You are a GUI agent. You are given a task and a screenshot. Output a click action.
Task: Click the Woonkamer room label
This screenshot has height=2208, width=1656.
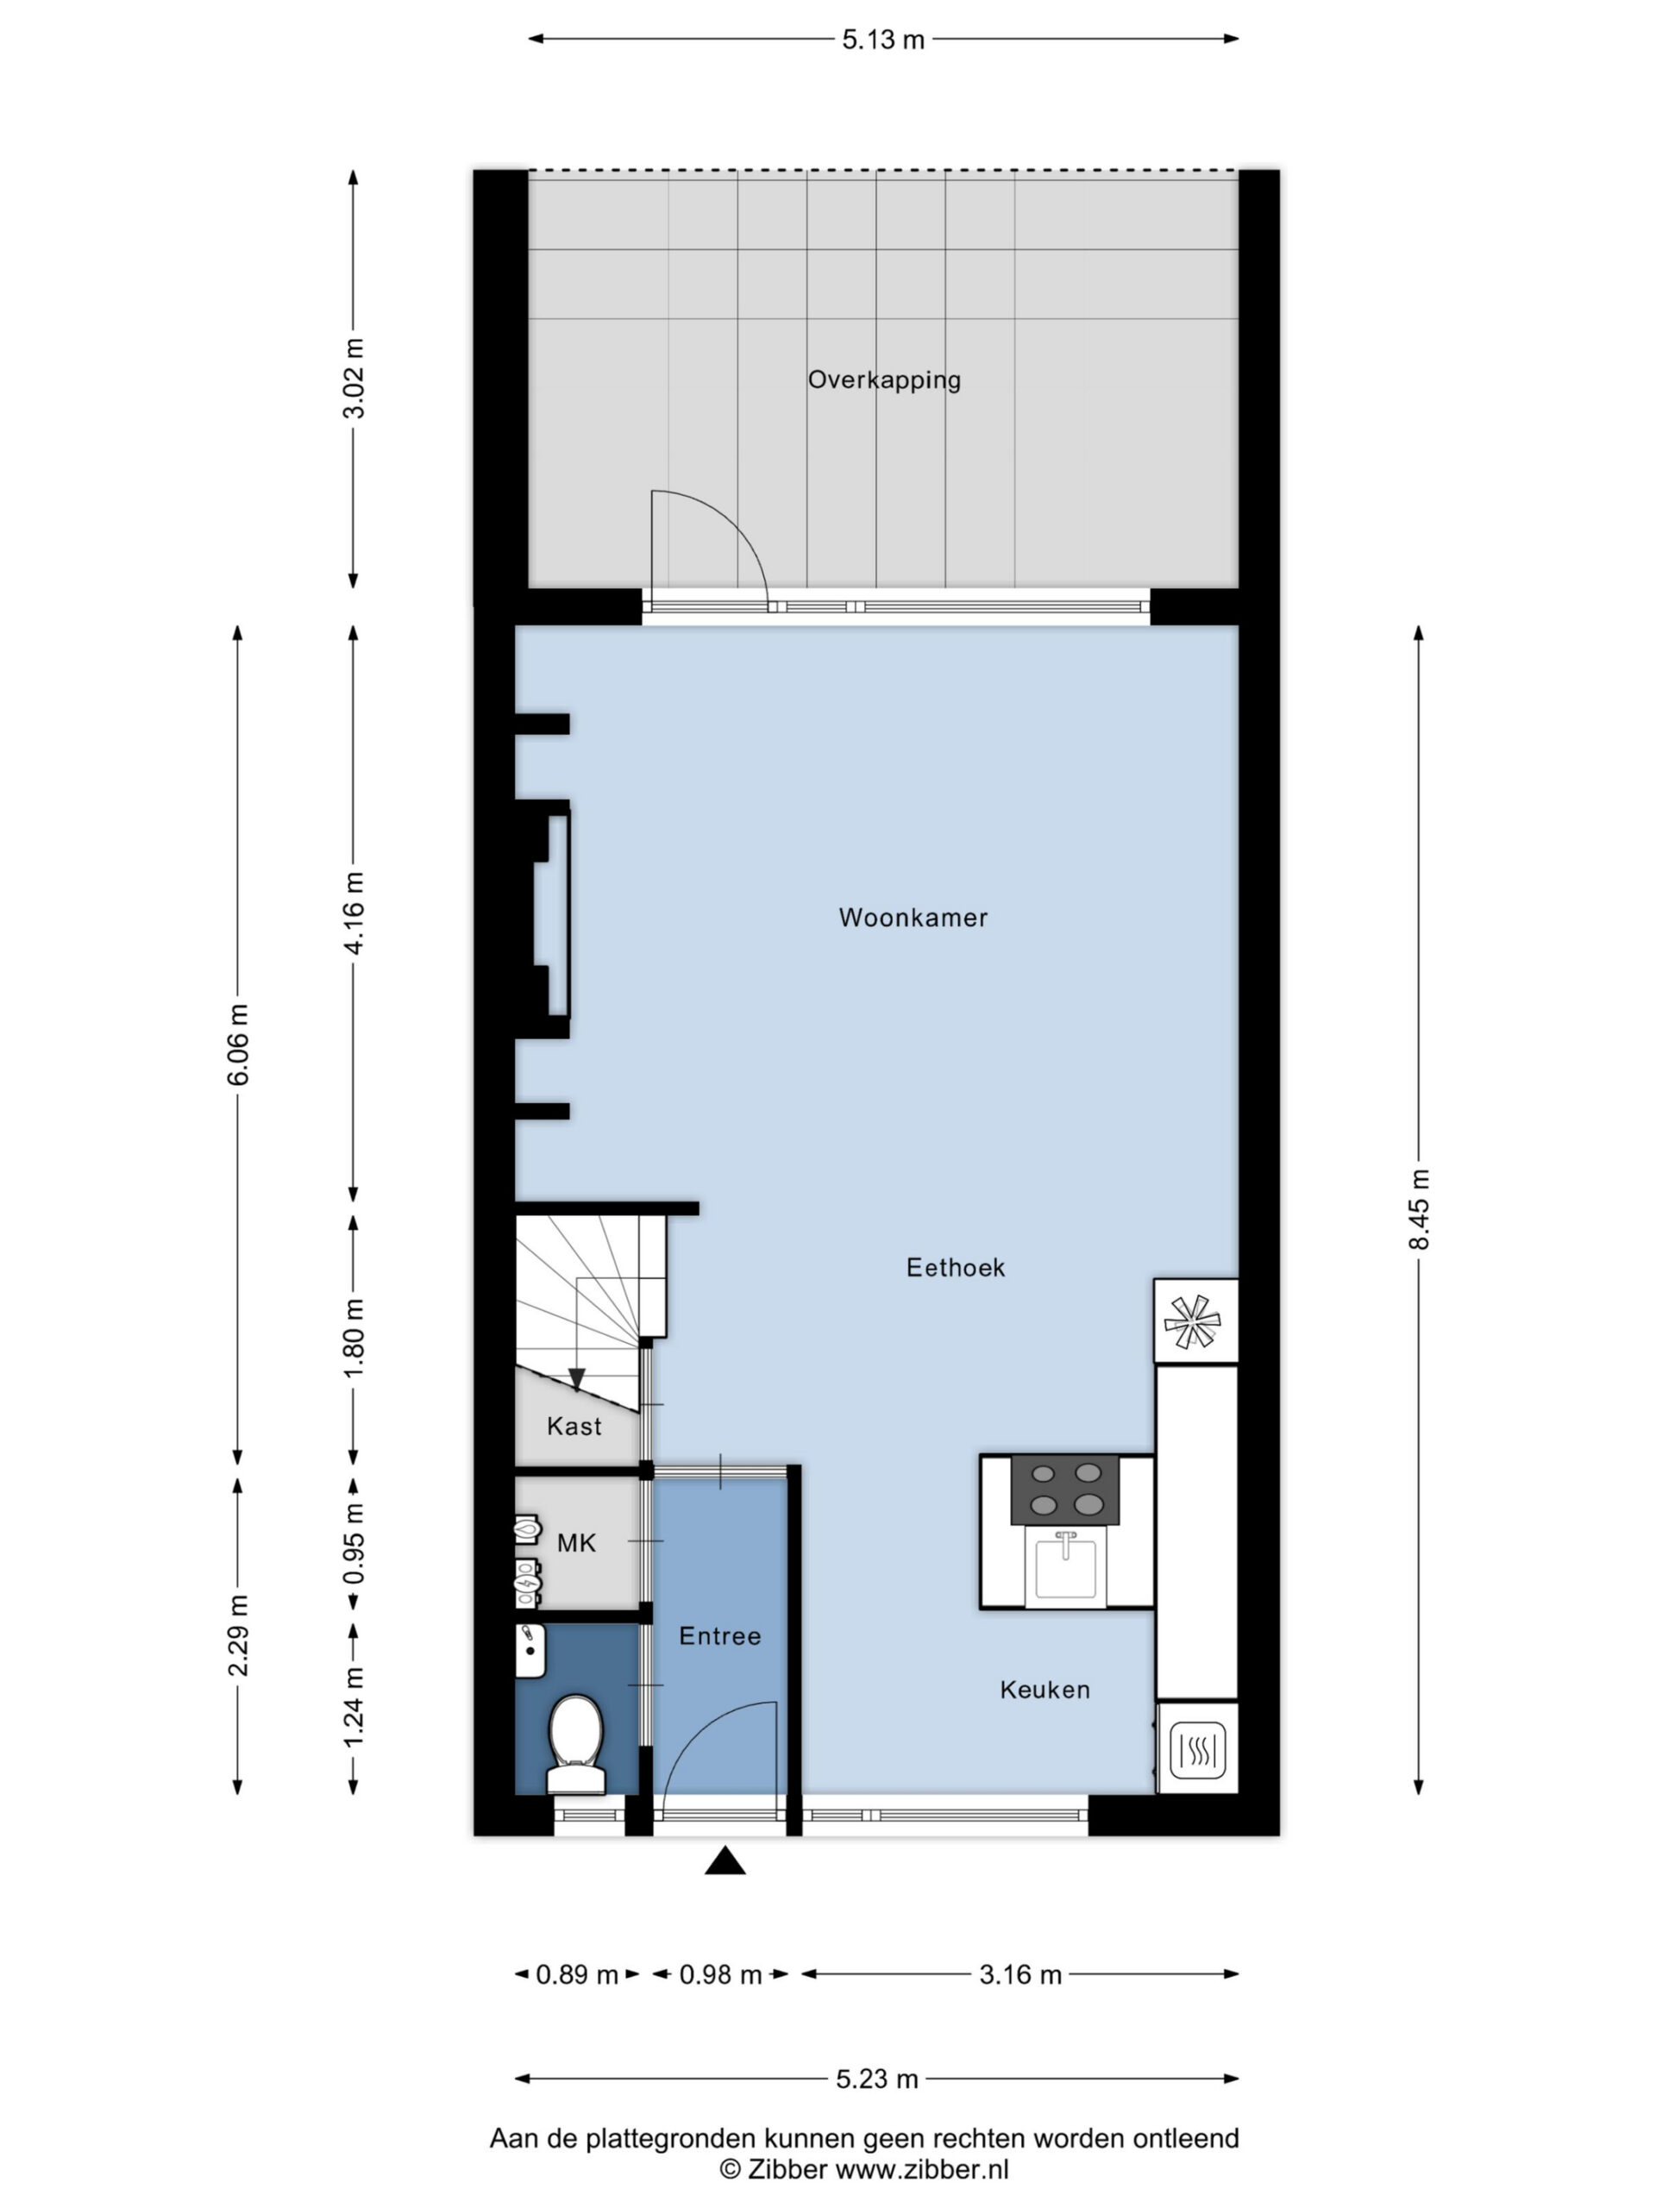913,918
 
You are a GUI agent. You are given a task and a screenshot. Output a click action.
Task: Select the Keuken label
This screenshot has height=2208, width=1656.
1044,1690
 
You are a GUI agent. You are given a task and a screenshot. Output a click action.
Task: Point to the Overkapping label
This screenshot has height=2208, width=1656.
883,379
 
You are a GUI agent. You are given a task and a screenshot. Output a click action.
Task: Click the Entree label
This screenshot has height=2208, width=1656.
719,1636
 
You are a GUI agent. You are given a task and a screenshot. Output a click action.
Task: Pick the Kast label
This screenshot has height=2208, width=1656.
574,1427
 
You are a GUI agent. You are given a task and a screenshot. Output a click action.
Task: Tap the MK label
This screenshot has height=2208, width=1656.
576,1543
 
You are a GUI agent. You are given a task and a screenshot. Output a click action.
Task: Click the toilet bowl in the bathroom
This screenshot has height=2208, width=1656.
576,1744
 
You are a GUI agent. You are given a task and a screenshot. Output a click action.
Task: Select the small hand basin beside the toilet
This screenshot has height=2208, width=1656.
530,1651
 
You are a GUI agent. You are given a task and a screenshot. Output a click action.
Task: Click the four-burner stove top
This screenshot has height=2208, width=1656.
1065,1490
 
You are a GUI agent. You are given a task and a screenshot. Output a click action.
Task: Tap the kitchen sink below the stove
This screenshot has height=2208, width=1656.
1066,1566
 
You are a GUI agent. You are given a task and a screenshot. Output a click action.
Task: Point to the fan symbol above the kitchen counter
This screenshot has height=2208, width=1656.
1195,1320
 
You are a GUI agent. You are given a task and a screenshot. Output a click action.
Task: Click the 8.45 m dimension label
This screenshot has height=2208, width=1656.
1419,1209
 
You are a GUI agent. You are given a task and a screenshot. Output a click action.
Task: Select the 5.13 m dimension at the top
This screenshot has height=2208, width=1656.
883,40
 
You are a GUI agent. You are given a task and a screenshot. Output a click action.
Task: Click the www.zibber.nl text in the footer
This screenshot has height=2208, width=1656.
921,2169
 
